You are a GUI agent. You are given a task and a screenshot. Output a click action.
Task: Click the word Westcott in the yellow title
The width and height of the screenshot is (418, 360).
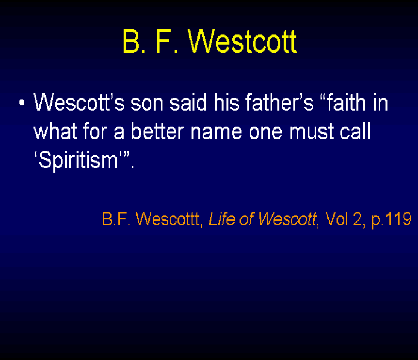[242, 41]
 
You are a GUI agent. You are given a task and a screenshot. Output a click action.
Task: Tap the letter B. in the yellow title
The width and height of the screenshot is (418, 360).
[134, 41]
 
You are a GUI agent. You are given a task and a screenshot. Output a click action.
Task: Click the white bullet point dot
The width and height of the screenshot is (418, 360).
[22, 103]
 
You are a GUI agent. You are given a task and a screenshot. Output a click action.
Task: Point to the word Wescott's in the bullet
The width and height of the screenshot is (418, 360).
[79, 102]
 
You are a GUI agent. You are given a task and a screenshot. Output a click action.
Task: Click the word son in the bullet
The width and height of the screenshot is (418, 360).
[147, 104]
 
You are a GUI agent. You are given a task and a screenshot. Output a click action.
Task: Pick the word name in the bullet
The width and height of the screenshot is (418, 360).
[216, 133]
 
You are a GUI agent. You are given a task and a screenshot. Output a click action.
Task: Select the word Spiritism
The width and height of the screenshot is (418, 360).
[78, 160]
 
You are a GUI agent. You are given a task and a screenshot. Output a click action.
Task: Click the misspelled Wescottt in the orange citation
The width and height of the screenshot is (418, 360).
[168, 219]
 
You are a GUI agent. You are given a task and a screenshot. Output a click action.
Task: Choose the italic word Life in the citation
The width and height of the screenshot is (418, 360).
[222, 219]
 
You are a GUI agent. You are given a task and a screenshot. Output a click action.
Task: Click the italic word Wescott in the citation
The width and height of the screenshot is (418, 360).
[288, 219]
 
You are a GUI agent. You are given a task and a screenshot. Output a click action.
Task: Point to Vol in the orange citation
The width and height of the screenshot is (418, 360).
[337, 219]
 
